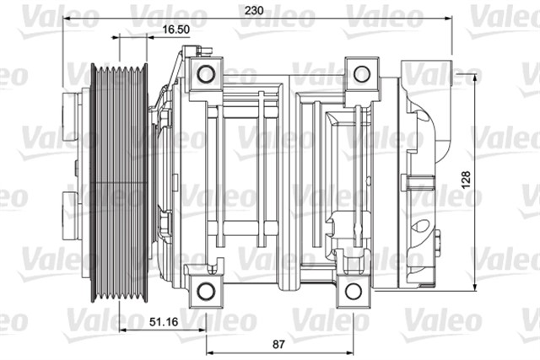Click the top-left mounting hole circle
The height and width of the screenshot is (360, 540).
206,74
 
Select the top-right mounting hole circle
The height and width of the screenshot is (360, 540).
361,74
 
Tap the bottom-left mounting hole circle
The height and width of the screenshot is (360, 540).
205,292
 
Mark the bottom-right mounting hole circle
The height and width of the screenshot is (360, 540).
353,292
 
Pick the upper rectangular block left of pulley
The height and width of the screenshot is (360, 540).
74,117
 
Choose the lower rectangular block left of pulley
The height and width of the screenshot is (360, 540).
74,214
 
